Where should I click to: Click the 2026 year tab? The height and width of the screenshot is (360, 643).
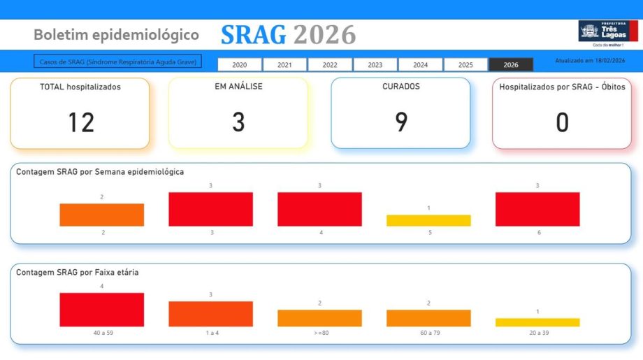point(511,64)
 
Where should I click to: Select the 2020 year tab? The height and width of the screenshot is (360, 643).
point(240,64)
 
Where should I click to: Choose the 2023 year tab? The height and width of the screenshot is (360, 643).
point(375,64)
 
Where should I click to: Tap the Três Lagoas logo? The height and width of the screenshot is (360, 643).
point(607,32)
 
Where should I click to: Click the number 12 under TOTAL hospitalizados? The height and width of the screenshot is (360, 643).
point(81,122)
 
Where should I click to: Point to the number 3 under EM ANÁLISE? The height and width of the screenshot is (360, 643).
point(238,122)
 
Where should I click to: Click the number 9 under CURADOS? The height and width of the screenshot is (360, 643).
point(401,122)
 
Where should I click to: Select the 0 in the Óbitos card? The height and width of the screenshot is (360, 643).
point(562,122)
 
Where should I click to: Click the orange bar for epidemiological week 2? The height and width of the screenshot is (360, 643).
point(102,215)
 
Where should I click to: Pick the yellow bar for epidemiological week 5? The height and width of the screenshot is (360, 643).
point(428,220)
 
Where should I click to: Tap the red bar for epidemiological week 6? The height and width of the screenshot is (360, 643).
point(537,209)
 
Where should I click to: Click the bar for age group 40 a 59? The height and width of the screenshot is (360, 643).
point(102,310)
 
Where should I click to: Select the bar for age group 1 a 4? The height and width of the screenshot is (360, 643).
point(210,314)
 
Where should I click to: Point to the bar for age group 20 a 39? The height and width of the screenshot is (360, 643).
point(537,322)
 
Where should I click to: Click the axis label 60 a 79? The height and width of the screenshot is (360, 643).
point(428,333)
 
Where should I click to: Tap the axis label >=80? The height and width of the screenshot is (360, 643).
point(319,333)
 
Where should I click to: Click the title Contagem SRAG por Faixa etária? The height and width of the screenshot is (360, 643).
point(77,272)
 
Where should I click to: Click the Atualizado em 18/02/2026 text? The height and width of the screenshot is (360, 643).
point(590,61)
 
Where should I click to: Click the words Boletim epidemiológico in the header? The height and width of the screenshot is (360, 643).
point(116,34)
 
